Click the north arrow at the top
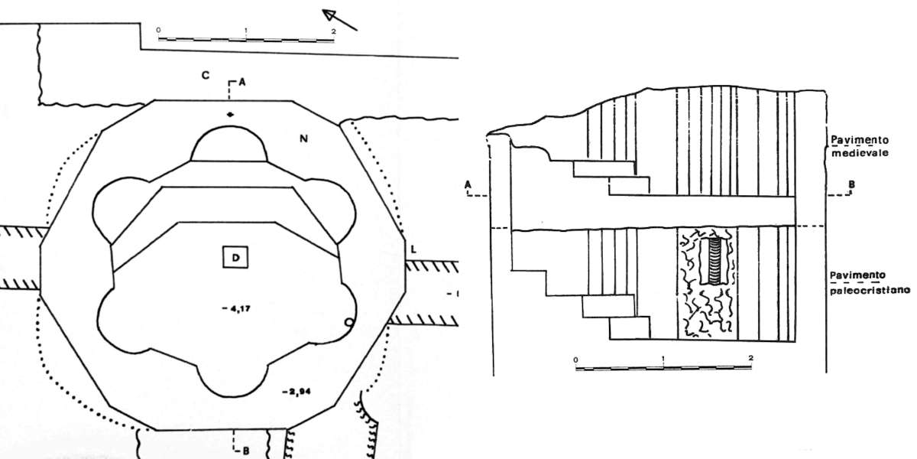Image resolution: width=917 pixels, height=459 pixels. [x=339, y=18]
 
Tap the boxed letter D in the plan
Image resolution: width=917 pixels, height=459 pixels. [x=236, y=258]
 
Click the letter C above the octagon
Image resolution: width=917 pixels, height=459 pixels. [x=205, y=75]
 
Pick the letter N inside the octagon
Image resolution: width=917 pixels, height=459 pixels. [x=303, y=138]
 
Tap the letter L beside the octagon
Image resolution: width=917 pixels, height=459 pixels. [x=413, y=249]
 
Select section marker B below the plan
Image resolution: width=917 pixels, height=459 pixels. [x=245, y=451]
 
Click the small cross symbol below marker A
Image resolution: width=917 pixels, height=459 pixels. [x=230, y=115]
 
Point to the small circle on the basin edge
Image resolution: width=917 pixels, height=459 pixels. [x=349, y=323]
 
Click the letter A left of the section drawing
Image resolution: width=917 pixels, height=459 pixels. [x=466, y=184]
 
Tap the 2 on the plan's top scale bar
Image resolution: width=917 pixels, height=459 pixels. [x=333, y=31]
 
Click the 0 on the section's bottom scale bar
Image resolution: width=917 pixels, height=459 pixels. [x=575, y=358]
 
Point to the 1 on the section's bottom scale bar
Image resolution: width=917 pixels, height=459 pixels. [x=663, y=358]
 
